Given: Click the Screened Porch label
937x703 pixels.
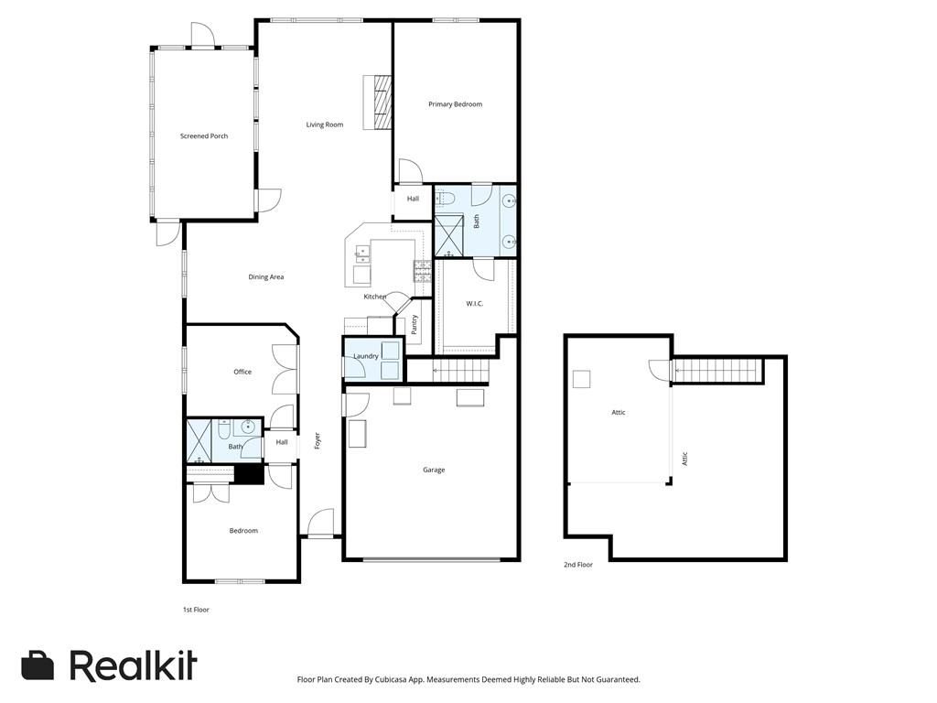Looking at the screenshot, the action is point(204,136).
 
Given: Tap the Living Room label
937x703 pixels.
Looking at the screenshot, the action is point(325,124).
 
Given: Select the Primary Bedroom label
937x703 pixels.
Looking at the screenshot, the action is point(455,104).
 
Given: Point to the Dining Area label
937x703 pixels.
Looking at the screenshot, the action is point(266,276).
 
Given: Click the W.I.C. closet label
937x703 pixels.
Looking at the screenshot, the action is point(475,304).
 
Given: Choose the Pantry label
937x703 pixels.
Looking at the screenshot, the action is point(415,325).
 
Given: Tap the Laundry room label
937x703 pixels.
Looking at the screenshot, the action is point(366,356).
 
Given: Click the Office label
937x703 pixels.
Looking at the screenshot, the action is point(242,372).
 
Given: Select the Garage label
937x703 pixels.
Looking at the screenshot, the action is point(434,470).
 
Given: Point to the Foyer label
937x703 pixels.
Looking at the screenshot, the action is point(318,440).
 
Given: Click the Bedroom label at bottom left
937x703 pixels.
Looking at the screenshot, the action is point(243,531).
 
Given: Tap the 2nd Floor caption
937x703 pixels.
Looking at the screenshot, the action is point(578,564).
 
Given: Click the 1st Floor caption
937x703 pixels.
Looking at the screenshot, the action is point(196,610).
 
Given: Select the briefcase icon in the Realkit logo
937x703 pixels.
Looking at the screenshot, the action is point(38,665).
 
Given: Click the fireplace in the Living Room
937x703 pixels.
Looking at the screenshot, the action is point(378,103).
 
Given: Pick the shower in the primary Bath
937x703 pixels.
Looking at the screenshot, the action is point(448,235).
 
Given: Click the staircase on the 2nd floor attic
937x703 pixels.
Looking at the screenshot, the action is point(719,371).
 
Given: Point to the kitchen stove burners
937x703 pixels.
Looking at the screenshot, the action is point(423,271).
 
